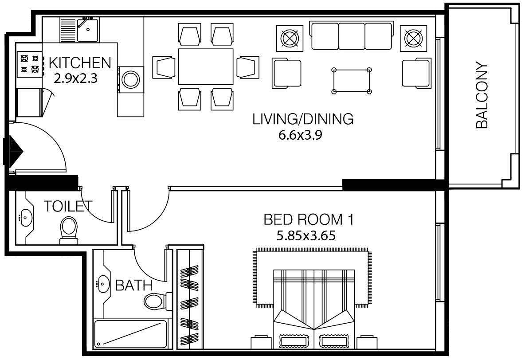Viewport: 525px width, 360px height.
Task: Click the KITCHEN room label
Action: pos(80,63)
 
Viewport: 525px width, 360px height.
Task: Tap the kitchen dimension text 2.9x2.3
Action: pos(75,78)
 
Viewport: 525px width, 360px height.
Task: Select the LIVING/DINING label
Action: pos(303,119)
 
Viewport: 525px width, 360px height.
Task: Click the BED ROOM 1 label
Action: pos(308,219)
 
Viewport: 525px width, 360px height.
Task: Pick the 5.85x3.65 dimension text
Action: pos(306,235)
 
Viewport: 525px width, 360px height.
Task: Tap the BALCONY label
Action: pos(482,95)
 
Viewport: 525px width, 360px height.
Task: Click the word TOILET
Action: pos(68,206)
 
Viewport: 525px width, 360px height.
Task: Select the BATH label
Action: pos(133,285)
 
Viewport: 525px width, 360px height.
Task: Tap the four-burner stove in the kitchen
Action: pos(29,63)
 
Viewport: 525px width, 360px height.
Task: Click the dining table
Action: pos(206,67)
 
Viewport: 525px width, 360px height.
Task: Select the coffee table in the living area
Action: pos(352,80)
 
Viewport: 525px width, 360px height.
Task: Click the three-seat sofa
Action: pos(352,36)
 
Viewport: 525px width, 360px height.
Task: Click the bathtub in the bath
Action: pos(131,333)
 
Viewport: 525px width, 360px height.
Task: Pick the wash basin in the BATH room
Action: pos(103,282)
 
